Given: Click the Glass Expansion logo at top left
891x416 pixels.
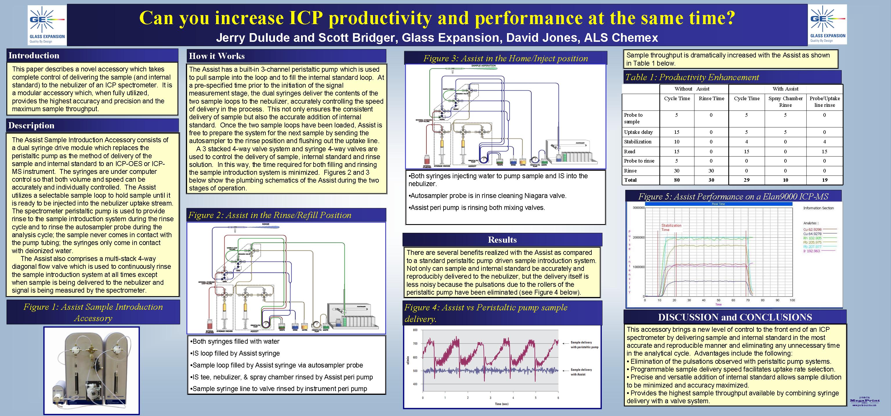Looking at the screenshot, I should coord(47,25).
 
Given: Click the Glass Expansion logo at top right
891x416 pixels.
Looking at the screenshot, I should coord(827,24).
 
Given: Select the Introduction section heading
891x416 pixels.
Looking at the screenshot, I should coord(34,55).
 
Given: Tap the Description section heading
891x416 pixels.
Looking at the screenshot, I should coord(32,125).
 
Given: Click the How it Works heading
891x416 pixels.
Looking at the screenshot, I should coord(217,56).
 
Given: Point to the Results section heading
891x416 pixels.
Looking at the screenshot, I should coord(502,240).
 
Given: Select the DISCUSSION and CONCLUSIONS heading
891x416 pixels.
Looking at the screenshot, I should coord(735,317).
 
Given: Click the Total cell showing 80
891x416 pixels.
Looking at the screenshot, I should coord(677,180).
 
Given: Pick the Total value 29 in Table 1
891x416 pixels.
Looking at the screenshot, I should coord(747,180).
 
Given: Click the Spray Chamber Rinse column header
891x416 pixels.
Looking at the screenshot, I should coord(785,102).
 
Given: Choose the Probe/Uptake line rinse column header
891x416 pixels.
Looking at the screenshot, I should coord(825,102).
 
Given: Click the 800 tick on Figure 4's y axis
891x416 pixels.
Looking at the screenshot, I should coord(415,330).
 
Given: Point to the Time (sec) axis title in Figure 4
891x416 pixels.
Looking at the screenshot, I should coord(501,404).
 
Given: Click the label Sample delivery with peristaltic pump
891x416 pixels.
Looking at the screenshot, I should coord(584,344).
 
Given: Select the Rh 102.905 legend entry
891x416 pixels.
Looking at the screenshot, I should coord(812,238).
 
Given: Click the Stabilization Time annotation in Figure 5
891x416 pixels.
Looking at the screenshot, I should coord(671,227).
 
